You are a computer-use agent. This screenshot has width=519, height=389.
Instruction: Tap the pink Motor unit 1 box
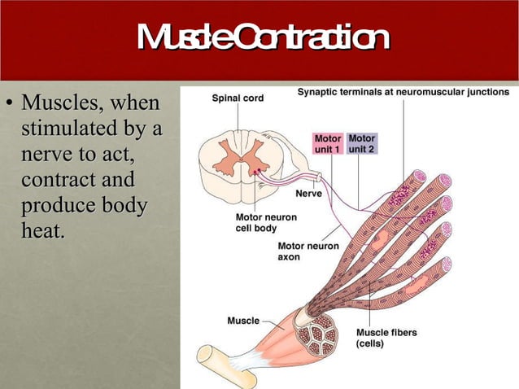(x=328, y=145)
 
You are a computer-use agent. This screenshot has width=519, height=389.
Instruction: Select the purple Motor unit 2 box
(x=361, y=145)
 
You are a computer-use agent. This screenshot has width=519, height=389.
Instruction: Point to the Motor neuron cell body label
(x=265, y=223)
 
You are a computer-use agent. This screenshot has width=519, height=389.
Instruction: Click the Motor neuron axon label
(x=308, y=251)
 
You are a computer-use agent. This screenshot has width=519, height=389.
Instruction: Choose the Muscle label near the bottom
(x=243, y=321)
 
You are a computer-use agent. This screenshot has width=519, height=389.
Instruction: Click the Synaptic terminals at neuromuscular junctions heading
(x=403, y=93)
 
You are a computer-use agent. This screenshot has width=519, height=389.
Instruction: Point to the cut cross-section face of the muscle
(x=321, y=334)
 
